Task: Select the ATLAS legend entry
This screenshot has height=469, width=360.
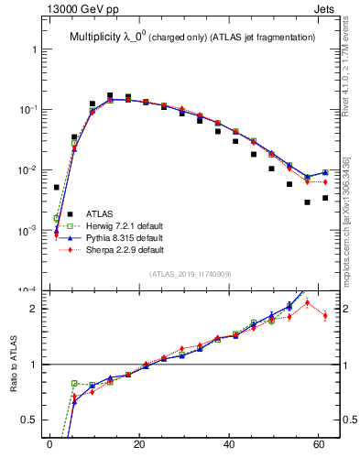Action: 101,213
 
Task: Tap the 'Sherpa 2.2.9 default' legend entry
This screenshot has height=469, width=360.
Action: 125,249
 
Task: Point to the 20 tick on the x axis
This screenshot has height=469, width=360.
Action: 139,445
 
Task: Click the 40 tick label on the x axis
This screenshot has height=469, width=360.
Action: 229,445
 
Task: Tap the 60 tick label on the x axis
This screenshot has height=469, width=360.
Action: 319,445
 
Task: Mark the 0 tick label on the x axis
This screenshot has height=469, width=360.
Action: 49,445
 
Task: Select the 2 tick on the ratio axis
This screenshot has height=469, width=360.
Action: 32,309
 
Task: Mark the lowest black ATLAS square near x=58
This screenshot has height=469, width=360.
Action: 308,202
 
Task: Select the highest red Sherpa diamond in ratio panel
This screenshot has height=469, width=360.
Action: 308,302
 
